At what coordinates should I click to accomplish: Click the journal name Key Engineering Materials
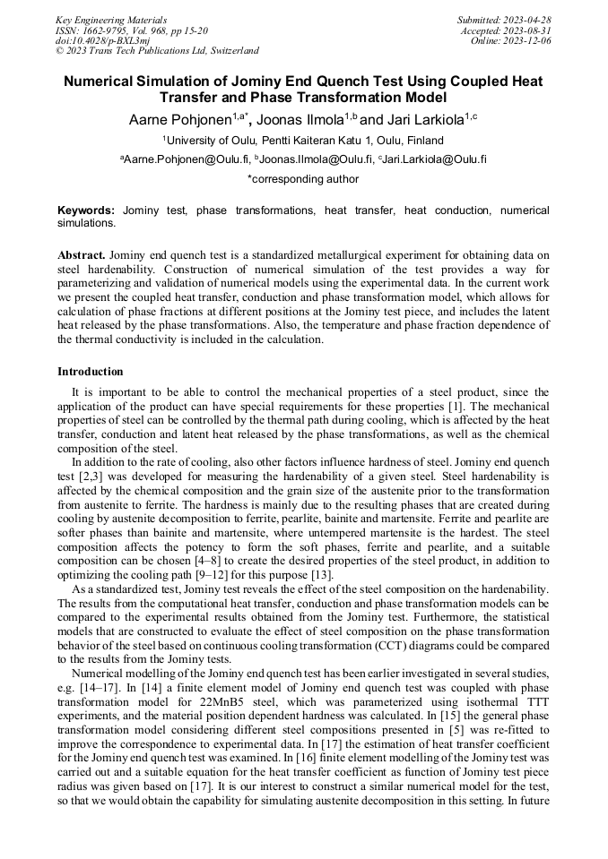110,20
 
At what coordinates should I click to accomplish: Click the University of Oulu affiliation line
303,140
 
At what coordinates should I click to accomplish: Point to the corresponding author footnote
303,178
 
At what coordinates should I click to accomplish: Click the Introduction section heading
91,371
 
